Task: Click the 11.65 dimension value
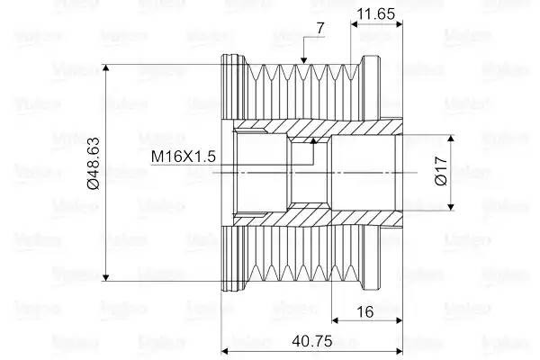[375, 14]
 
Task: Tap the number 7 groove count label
[320, 28]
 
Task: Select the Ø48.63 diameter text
[94, 163]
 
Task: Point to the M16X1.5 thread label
[184, 156]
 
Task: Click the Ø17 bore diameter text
[441, 171]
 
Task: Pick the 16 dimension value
[365, 311]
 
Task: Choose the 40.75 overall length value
[312, 341]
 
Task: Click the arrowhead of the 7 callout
[303, 60]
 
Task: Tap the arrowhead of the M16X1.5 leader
[313, 141]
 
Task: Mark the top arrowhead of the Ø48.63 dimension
[106, 67]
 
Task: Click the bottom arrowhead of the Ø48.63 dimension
[106, 277]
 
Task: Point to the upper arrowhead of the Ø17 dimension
[451, 139]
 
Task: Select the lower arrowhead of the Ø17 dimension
[451, 206]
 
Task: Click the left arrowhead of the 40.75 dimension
[225, 351]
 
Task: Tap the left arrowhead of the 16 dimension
[336, 320]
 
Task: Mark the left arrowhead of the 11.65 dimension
[355, 24]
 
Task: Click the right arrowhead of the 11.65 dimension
[399, 24]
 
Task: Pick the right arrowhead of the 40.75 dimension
[399, 351]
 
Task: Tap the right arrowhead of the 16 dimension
[399, 320]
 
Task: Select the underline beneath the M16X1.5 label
[232, 165]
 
